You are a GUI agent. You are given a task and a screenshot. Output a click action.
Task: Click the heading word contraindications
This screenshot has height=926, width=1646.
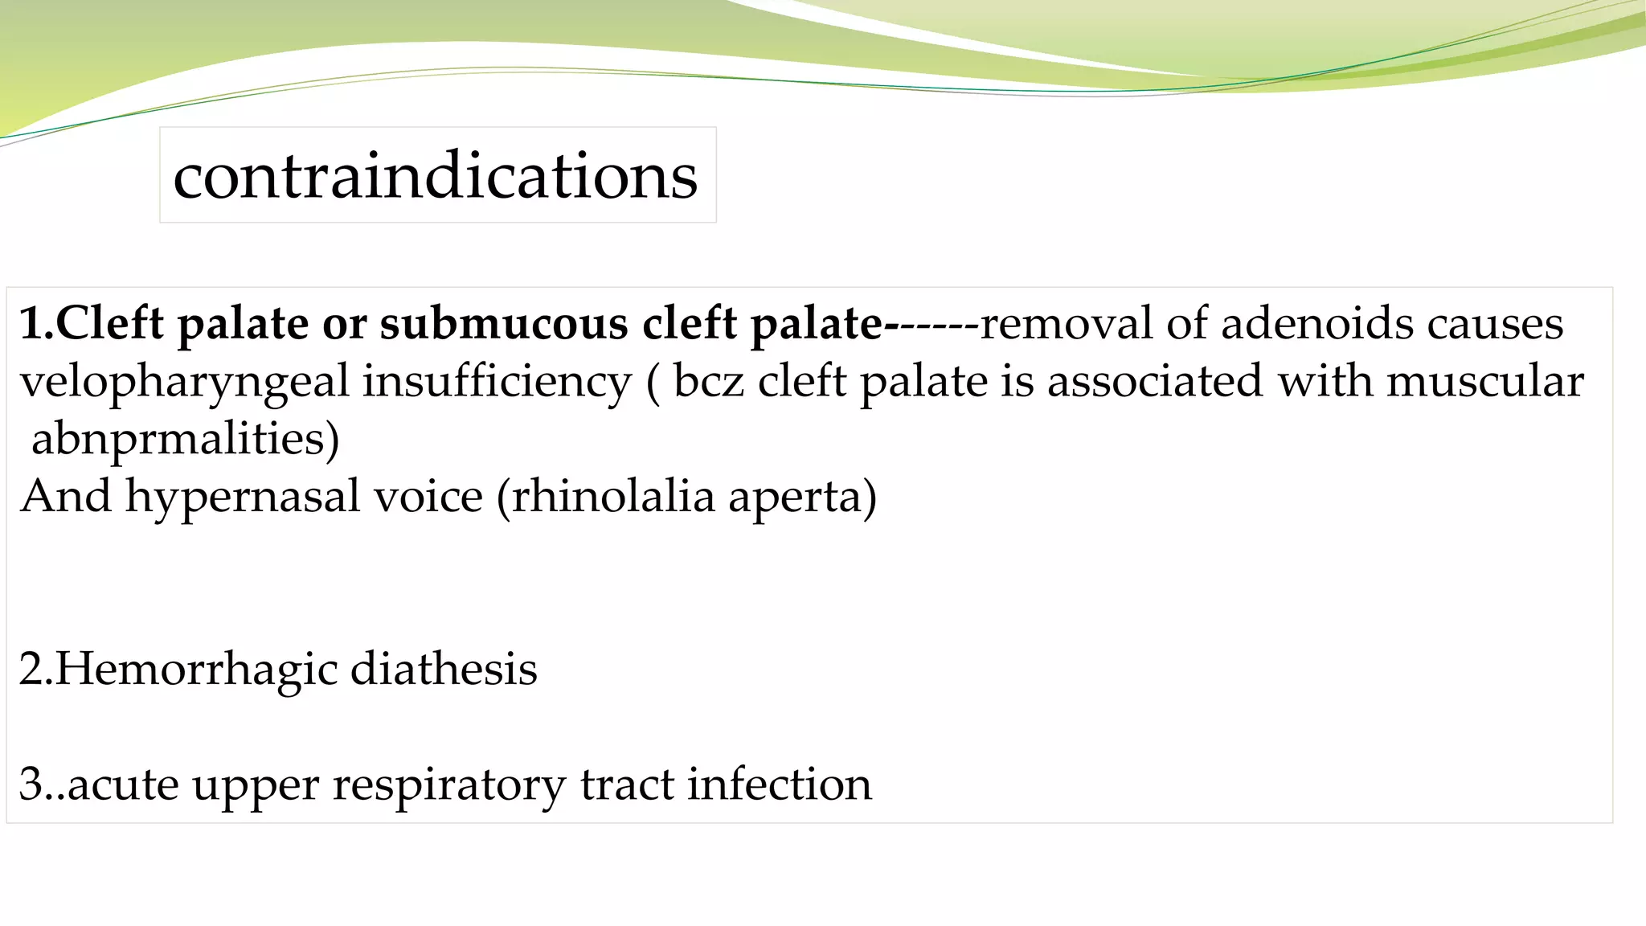click(x=436, y=176)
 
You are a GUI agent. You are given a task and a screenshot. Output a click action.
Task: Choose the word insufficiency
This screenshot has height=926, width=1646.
click(x=497, y=381)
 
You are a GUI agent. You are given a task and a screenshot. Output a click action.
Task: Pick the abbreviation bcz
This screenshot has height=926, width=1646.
click(x=709, y=381)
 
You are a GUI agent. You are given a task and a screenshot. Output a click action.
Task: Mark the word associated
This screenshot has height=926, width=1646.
click(x=1155, y=381)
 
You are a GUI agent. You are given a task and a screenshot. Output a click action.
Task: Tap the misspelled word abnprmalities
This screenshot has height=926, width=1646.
click(x=185, y=439)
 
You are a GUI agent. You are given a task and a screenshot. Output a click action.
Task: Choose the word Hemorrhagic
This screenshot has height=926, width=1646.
click(x=196, y=670)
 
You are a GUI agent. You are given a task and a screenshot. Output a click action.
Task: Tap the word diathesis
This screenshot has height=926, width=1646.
click(x=444, y=670)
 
